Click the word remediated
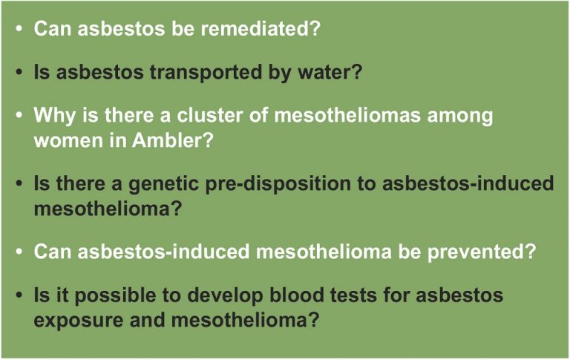coord(261,28)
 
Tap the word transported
coord(206,72)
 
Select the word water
coord(330,72)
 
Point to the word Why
coord(54,116)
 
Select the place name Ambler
coord(172,140)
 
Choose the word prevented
coord(481,252)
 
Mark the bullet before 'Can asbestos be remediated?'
coord(19,29)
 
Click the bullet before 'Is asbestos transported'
coord(19,72)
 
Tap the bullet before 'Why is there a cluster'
coord(19,115)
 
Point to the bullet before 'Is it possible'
coord(19,295)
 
